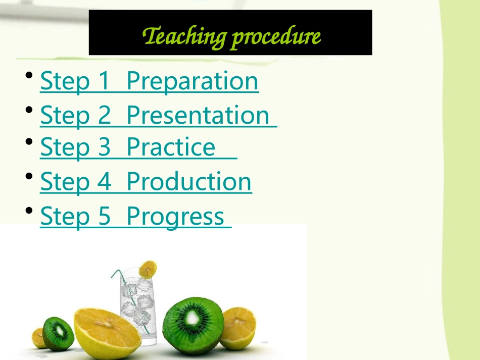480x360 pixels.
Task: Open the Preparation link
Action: (x=193, y=81)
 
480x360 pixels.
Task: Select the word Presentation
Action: (x=198, y=115)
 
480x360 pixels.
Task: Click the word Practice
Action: (x=171, y=147)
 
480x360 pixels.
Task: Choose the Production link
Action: (x=189, y=182)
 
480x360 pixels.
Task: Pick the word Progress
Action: (x=175, y=217)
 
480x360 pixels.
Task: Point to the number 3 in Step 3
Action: (x=103, y=147)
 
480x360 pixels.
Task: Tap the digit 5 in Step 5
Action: (x=103, y=217)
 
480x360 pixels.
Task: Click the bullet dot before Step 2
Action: (x=30, y=110)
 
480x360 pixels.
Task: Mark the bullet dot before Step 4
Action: (x=30, y=177)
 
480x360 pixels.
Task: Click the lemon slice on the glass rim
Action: (x=148, y=269)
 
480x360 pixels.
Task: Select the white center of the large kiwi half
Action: (x=194, y=319)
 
